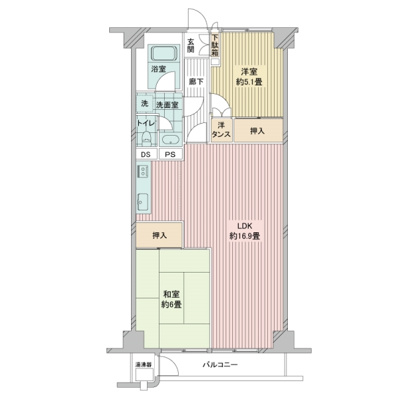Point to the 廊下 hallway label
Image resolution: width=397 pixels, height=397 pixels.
[196, 81]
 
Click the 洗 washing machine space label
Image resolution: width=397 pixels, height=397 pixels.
[143, 103]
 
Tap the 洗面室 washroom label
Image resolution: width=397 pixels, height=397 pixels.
[166, 104]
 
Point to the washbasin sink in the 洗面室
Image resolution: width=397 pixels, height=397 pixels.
[169, 140]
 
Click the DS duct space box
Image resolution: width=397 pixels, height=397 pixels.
[146, 155]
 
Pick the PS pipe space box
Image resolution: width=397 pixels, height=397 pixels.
[170, 155]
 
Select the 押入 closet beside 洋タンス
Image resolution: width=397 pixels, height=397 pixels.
[257, 131]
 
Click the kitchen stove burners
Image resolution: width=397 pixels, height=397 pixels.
[143, 173]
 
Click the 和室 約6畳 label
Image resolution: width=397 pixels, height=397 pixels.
[171, 300]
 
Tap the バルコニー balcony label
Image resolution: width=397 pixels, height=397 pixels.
[220, 365]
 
